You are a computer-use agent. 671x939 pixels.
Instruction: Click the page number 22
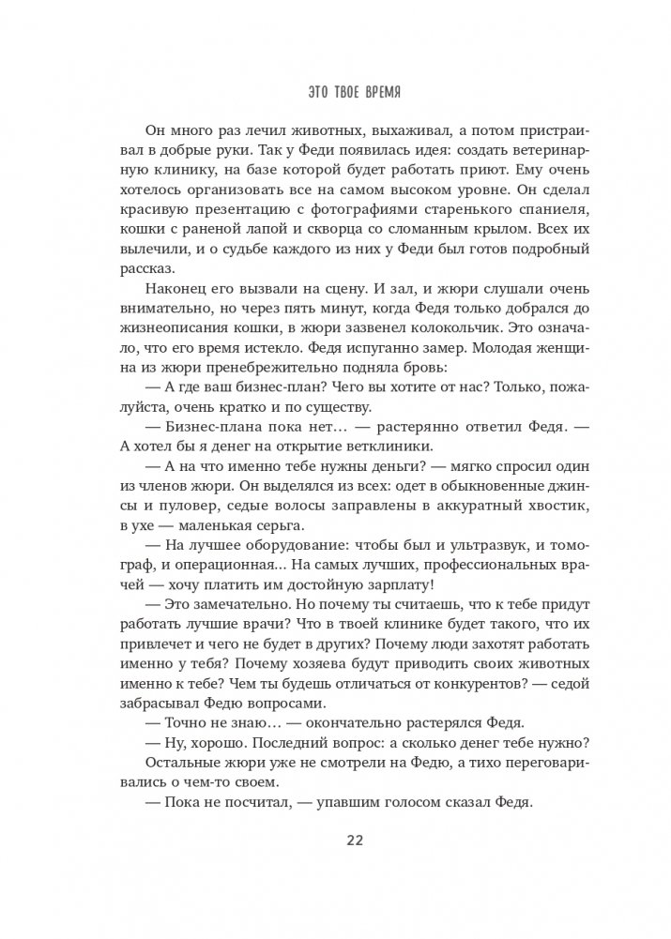[335, 839]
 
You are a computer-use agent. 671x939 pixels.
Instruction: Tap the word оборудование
[263, 559]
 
